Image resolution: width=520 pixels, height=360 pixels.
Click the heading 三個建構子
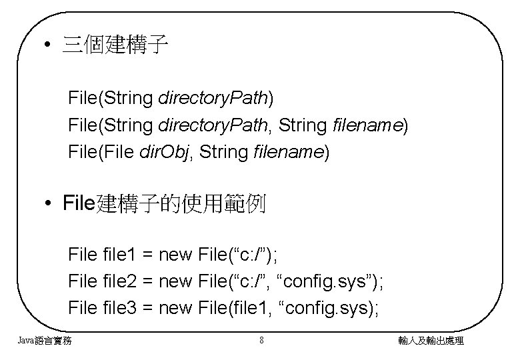click(115, 46)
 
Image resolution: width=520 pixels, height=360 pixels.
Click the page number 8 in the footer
click(261, 341)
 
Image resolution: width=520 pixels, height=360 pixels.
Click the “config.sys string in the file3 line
click(326, 307)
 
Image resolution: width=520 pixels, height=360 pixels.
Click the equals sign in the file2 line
click(147, 281)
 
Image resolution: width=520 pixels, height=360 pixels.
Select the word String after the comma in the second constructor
click(303, 125)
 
